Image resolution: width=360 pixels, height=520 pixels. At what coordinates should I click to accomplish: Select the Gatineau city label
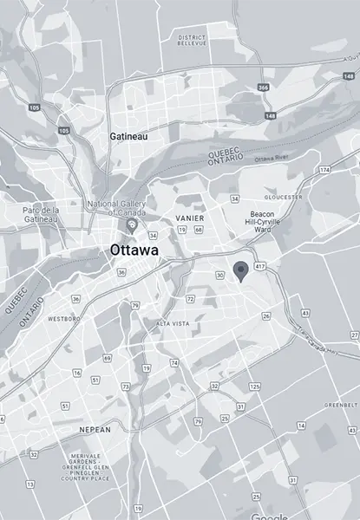point(128,137)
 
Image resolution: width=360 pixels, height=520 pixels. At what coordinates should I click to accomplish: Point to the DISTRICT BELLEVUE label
point(193,41)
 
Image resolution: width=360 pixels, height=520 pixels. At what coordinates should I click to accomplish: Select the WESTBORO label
point(63,319)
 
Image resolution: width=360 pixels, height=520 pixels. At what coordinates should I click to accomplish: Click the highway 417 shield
point(262,263)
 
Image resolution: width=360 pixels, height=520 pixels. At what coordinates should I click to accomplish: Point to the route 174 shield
point(324,170)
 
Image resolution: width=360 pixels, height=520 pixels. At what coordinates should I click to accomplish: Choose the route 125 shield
point(253,385)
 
